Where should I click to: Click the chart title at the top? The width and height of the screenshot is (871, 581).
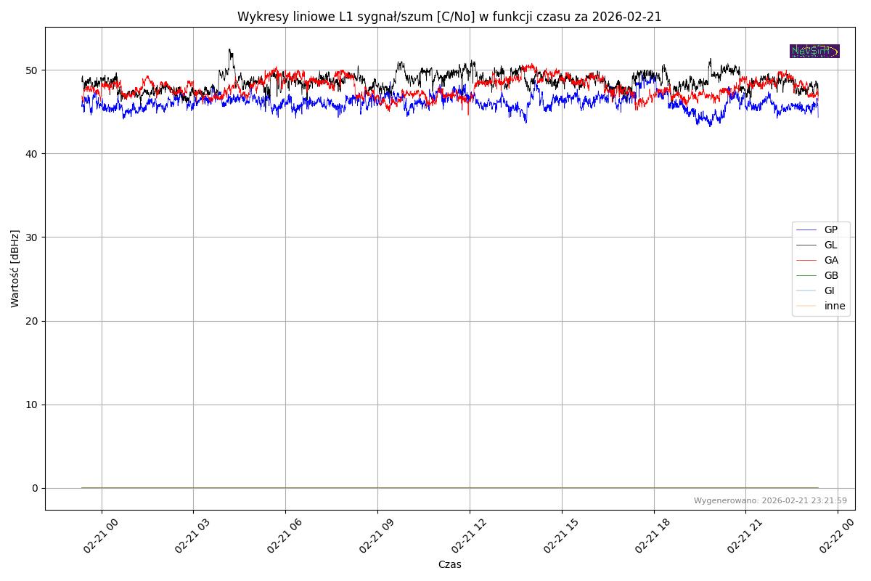(449, 17)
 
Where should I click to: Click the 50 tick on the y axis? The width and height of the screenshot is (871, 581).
(32, 70)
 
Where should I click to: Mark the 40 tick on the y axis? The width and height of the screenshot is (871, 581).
(32, 154)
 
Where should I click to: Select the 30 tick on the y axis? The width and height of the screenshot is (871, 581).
(32, 237)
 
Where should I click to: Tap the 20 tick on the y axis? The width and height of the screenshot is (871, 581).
(32, 321)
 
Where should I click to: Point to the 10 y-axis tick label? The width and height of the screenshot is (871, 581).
(32, 405)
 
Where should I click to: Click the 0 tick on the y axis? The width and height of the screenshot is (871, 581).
(35, 488)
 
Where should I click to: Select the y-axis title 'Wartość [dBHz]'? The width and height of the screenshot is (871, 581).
(15, 269)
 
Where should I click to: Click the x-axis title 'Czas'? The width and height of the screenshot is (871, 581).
(449, 564)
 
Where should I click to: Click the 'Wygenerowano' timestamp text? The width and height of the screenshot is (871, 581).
(770, 500)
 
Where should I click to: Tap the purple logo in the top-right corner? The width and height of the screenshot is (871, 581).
(814, 51)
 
